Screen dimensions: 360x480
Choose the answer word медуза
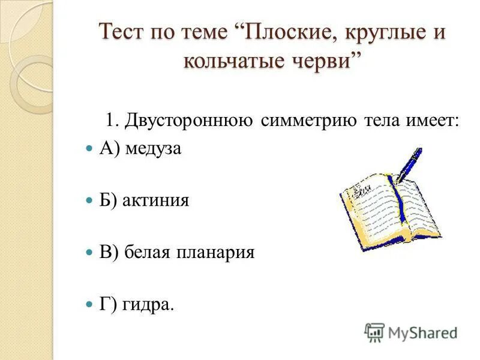tap(154, 149)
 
